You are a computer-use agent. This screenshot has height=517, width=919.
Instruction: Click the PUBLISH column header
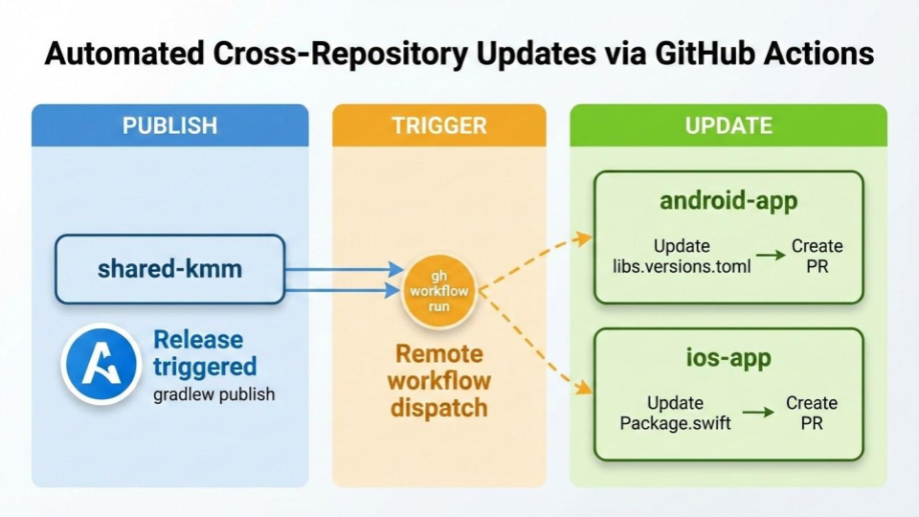[169, 125]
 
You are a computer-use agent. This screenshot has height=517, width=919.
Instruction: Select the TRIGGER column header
[439, 125]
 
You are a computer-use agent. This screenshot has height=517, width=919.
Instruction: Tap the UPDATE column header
[728, 125]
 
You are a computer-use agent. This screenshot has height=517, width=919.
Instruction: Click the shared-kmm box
[169, 269]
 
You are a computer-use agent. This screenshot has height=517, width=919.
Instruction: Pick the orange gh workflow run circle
[440, 286]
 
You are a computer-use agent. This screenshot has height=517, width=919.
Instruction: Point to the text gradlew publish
[213, 393]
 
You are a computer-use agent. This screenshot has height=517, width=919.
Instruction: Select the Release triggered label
[205, 352]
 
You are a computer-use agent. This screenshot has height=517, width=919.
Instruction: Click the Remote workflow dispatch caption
[439, 381]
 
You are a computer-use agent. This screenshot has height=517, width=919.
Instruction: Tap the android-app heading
[728, 202]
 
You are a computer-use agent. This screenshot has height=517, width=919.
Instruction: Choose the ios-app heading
[728, 359]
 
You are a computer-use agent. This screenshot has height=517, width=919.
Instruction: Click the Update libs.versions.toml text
[682, 256]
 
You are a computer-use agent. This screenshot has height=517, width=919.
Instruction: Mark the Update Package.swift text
[675, 413]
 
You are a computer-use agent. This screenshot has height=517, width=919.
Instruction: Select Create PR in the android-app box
[817, 256]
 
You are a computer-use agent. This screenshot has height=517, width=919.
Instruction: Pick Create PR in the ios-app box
[812, 413]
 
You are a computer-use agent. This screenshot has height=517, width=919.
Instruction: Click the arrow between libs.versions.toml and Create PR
[769, 256]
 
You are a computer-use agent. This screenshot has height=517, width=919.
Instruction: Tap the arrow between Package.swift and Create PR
[758, 413]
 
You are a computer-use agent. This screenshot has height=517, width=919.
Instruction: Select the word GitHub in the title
[692, 54]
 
